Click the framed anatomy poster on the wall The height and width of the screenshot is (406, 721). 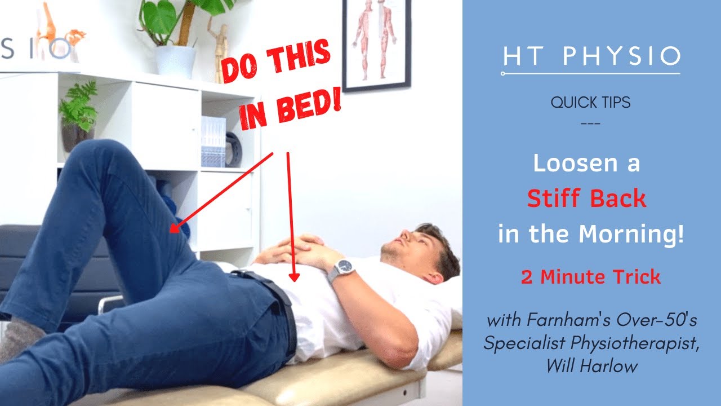click(x=376, y=42)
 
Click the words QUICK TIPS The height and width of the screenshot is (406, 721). click(x=591, y=103)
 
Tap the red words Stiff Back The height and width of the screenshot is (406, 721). click(x=586, y=198)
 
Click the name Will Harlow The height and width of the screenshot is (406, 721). click(x=591, y=366)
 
